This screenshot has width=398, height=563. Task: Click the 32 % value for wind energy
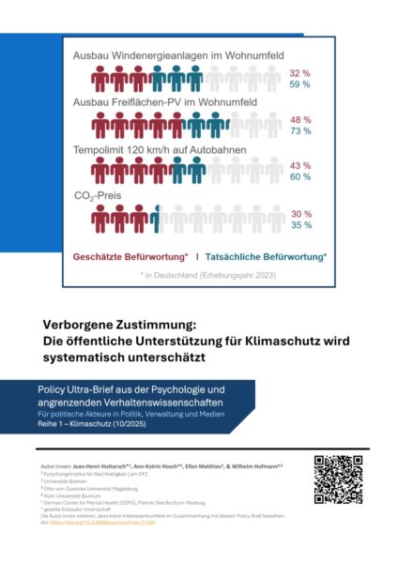[x=298, y=73]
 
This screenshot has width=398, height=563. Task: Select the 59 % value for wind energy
[x=298, y=85]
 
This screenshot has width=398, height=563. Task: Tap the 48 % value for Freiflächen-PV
[x=298, y=120]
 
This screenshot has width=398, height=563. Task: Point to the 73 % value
[x=298, y=132]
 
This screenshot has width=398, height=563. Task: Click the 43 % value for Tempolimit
[x=298, y=165]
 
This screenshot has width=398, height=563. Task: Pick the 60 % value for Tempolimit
[x=298, y=177]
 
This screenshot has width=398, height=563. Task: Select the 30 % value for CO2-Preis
[x=298, y=213]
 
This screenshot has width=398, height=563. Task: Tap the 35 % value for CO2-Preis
[x=298, y=225]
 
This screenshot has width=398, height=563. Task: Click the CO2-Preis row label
[x=99, y=196]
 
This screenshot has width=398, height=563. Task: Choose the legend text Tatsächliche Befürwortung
[x=268, y=255]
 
